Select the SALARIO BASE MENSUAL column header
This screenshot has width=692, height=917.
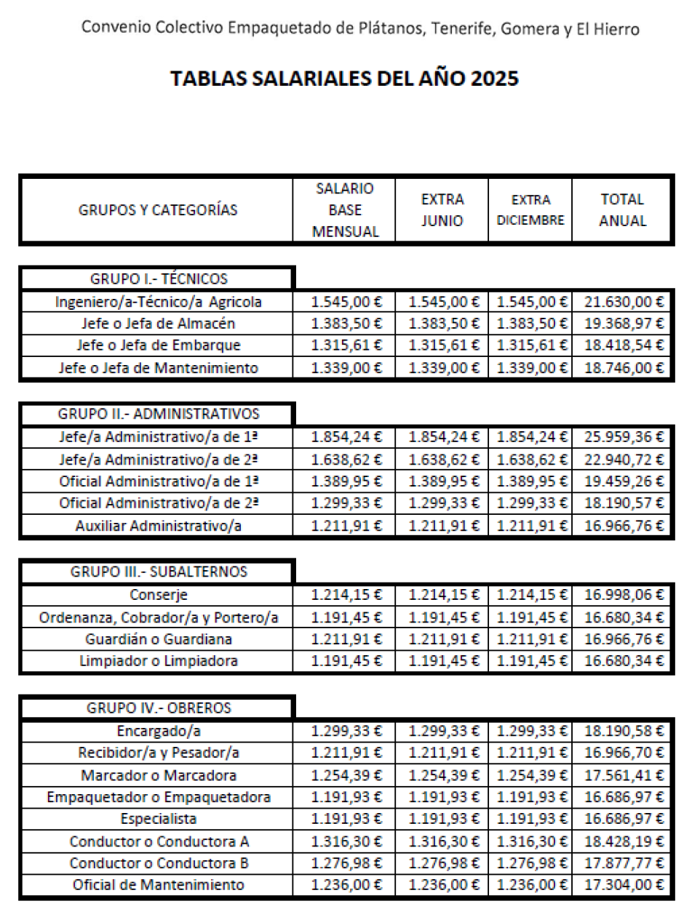345,210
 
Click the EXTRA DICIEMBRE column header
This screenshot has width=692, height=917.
530,210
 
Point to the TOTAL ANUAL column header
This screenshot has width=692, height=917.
623,210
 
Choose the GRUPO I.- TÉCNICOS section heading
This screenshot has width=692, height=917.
159,279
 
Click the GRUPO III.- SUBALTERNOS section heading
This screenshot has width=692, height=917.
159,572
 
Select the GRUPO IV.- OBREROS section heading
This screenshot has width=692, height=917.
159,708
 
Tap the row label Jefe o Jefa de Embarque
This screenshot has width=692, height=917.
159,345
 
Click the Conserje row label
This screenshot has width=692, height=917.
159,595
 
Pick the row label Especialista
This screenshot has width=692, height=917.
159,819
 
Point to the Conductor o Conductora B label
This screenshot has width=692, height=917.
159,863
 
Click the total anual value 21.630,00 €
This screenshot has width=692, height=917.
624,301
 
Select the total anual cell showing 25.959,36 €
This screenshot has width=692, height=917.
624,437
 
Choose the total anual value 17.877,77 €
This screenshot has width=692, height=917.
624,863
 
